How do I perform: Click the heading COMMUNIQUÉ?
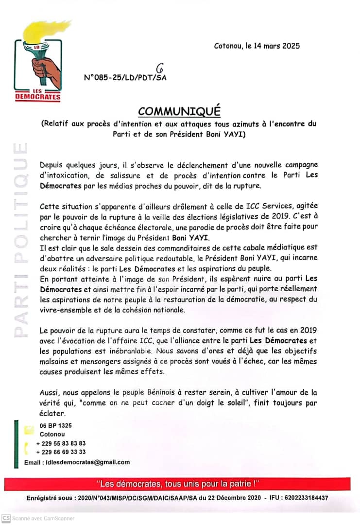pyautogui.click(x=179, y=111)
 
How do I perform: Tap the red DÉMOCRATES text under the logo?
pyautogui.click(x=45, y=97)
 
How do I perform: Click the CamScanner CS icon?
pyautogui.click(x=6, y=518)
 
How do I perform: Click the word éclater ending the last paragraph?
pyautogui.click(x=52, y=414)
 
